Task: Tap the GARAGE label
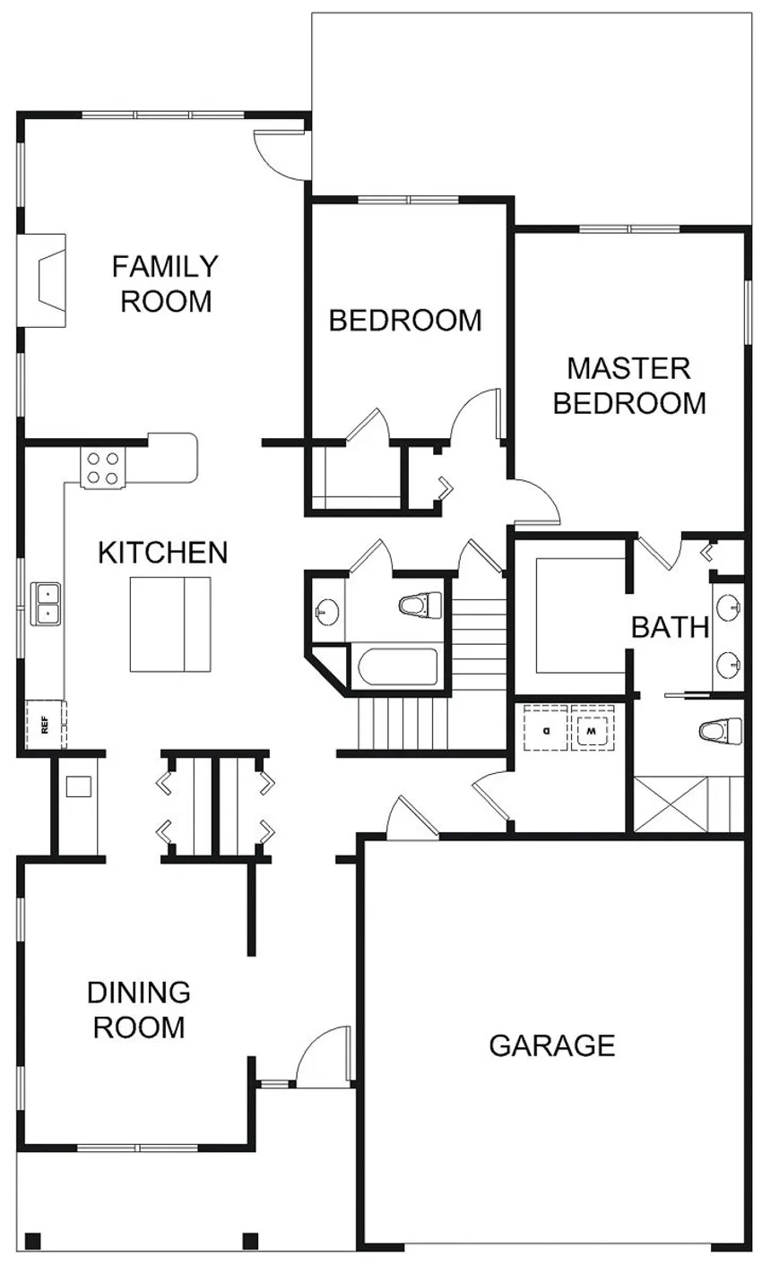click(x=552, y=1044)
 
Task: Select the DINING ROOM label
click(x=139, y=1009)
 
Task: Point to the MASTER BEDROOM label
click(x=628, y=385)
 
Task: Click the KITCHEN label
click(x=162, y=552)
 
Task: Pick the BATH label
click(x=670, y=627)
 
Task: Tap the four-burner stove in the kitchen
click(x=101, y=468)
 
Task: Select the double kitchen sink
click(x=45, y=603)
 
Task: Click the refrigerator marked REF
click(x=45, y=724)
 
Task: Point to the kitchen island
click(x=170, y=623)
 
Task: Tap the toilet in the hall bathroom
click(x=421, y=606)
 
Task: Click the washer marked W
click(x=593, y=730)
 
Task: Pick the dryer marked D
click(x=545, y=730)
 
